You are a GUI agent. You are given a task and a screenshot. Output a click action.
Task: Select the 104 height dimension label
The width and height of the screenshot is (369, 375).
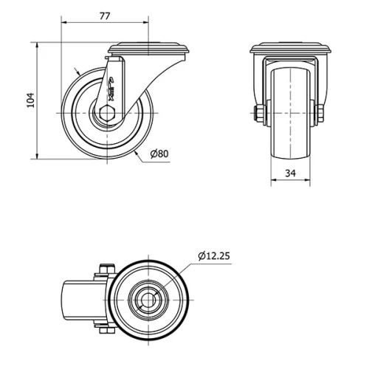(30, 100)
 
